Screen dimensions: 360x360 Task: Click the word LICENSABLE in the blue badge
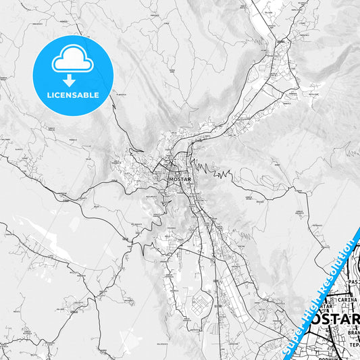72,95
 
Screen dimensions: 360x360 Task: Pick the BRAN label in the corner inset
351,332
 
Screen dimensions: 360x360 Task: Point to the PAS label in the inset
353,281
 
